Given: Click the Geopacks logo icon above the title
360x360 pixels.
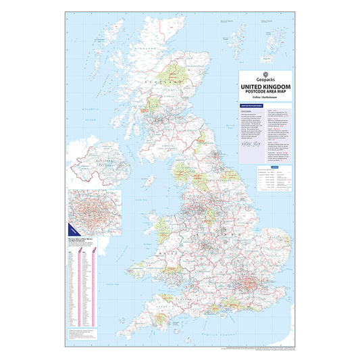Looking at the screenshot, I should pyautogui.click(x=265, y=75).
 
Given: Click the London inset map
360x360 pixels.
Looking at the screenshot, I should pyautogui.click(x=94, y=211).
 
